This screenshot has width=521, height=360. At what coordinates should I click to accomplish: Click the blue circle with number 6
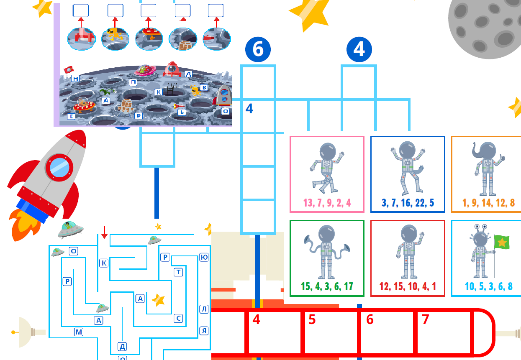(258, 49)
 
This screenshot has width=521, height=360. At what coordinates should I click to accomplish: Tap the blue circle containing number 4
(359, 49)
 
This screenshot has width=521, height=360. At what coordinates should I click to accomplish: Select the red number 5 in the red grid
(312, 319)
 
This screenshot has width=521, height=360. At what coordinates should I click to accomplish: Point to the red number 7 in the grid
(425, 319)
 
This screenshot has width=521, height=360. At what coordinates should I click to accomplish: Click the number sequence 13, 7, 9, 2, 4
(327, 203)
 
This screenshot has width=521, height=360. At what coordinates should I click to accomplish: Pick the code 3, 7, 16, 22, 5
(408, 203)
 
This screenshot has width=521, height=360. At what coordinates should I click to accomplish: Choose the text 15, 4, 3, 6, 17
(327, 287)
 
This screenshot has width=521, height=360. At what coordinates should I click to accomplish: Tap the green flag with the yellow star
(502, 242)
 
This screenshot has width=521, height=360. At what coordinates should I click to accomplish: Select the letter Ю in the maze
(204, 257)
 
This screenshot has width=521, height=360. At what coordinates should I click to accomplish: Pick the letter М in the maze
(79, 332)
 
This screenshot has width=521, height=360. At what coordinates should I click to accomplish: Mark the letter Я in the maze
(204, 331)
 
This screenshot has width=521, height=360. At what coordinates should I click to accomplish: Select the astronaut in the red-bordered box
(408, 253)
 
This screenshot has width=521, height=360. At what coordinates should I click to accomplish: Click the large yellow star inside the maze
(159, 300)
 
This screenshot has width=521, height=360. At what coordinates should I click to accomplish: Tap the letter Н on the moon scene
(75, 79)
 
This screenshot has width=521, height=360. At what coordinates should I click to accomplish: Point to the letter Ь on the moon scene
(181, 112)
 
